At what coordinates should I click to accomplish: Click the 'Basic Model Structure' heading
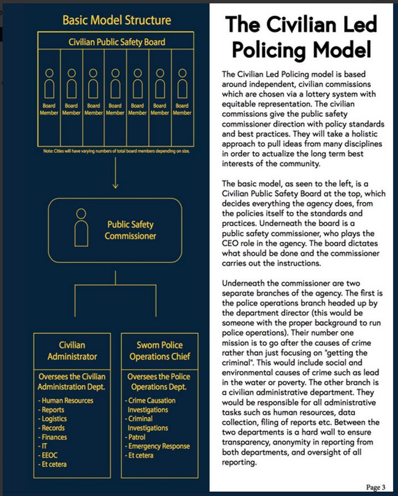(x=116, y=20)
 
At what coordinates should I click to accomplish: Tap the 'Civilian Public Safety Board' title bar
(x=116, y=42)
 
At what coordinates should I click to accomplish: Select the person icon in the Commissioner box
(x=81, y=228)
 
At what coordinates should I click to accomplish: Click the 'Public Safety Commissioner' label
(x=130, y=230)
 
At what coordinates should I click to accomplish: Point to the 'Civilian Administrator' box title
(x=72, y=350)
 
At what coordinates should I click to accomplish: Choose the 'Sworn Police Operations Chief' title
(x=156, y=350)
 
